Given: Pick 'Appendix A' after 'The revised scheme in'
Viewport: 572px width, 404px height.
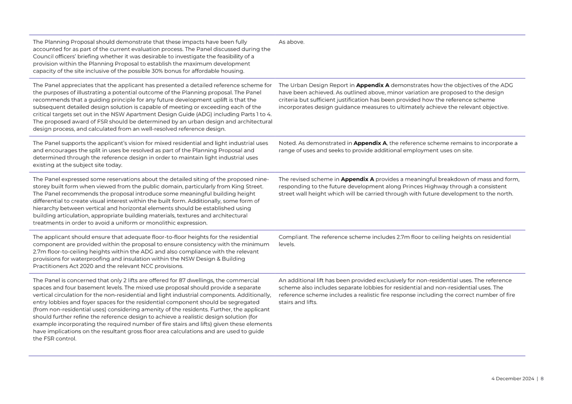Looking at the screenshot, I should pos(358,180).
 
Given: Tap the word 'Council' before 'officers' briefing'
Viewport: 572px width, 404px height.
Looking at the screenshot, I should pos(42,56).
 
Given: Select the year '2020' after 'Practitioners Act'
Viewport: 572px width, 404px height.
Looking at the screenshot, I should pos(85,266).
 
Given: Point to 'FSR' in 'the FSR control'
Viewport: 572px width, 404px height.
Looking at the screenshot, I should pos(46,338).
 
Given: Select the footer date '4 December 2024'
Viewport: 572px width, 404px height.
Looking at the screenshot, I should pos(512,379).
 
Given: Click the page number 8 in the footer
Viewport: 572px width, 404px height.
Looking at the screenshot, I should pos(542,379).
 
